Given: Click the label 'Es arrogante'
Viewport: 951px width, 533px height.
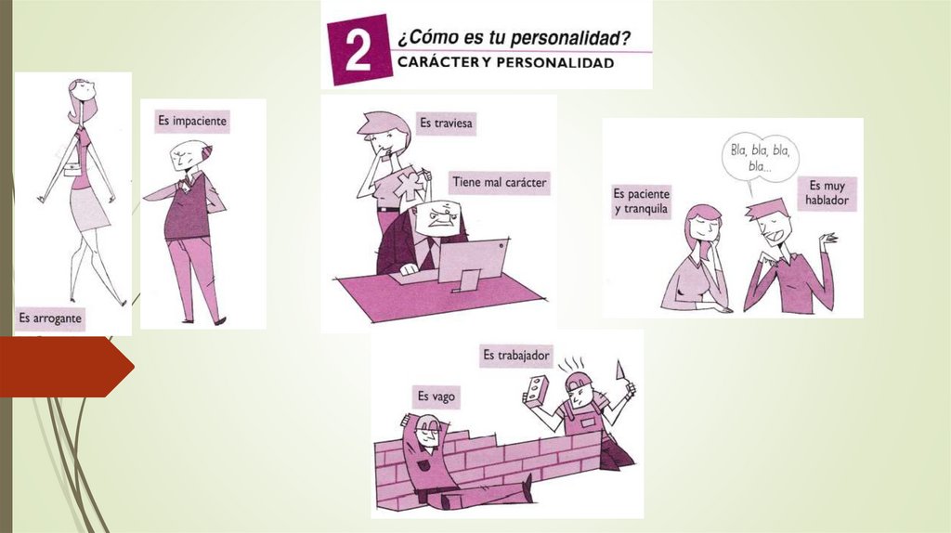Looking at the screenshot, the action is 50,318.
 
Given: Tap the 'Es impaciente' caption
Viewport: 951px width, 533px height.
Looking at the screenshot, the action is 192,121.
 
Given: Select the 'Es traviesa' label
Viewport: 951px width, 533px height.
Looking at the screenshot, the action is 446,123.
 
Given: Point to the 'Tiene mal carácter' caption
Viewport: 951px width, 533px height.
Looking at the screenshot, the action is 499,182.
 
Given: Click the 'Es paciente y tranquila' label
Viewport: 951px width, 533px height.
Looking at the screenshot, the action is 641,201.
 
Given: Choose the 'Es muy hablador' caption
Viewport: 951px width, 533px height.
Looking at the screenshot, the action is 827,193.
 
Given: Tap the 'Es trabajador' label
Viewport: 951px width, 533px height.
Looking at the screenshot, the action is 516,356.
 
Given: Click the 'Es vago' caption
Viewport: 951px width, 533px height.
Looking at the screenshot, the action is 436,396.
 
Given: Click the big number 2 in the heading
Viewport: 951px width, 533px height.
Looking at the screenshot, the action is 358,50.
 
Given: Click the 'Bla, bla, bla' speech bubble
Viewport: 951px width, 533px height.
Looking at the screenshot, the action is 761,158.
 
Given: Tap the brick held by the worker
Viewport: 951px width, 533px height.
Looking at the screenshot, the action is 536,391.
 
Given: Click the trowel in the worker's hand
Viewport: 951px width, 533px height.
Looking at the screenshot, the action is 622,373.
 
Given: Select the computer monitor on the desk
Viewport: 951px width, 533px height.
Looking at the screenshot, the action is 473,262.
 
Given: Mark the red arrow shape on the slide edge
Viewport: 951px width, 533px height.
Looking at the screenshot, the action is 67,367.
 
